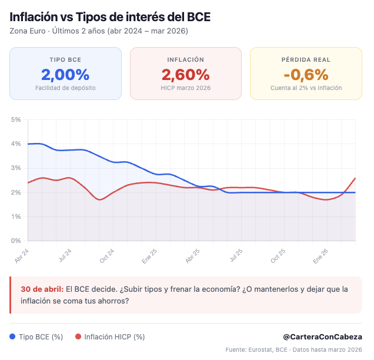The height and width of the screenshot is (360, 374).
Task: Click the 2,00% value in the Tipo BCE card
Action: [x=65, y=75]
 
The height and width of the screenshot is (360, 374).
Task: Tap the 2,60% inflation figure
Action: [x=185, y=75]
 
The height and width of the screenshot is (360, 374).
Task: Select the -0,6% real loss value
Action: [x=306, y=75]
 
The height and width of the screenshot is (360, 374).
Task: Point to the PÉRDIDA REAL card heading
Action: [x=306, y=59]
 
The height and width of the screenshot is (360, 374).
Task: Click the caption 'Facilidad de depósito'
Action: [x=65, y=88]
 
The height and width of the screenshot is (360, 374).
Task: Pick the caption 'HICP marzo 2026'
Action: [x=185, y=88]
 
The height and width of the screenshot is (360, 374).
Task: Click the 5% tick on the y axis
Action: [x=16, y=119]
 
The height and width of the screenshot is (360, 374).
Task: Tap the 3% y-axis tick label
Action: [x=16, y=168]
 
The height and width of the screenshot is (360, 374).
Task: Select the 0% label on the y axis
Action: [x=16, y=241]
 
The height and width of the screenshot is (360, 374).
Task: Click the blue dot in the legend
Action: [x=13, y=337]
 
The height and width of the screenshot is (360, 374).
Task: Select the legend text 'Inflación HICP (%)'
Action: [x=114, y=337]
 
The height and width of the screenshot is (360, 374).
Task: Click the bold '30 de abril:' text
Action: [x=42, y=289]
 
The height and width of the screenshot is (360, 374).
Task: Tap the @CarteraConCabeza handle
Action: [x=323, y=336]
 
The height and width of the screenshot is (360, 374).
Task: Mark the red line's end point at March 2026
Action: [x=355, y=178]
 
